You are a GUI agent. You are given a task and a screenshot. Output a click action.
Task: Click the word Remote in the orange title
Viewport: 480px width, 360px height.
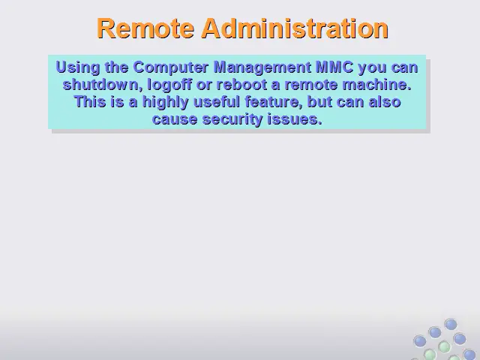pyautogui.click(x=145, y=28)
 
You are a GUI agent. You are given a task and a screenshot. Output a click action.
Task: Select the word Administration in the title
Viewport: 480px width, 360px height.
pyautogui.click(x=295, y=28)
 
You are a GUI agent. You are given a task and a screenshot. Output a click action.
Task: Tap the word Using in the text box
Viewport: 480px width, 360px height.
pyautogui.click(x=78, y=67)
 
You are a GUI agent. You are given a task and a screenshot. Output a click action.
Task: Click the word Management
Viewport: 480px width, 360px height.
pyautogui.click(x=262, y=67)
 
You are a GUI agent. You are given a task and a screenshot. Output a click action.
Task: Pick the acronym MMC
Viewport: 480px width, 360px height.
pyautogui.click(x=334, y=67)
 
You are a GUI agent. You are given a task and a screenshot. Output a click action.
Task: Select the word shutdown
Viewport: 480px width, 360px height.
pyautogui.click(x=103, y=84)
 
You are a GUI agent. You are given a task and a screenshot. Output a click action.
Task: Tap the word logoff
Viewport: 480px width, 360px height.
pyautogui.click(x=169, y=85)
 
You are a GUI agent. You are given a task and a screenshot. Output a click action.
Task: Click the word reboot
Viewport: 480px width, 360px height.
pyautogui.click(x=241, y=84)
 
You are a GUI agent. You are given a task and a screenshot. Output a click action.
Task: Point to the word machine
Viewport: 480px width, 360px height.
pyautogui.click(x=376, y=84)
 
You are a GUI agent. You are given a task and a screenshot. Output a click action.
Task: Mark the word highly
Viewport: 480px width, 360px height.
pyautogui.click(x=165, y=102)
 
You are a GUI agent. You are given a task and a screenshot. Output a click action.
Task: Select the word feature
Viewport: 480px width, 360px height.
pyautogui.click(x=274, y=102)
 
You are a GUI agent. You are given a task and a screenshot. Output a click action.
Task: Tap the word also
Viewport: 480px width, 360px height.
pyautogui.click(x=385, y=101)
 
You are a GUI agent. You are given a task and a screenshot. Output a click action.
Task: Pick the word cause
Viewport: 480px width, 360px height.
pyautogui.click(x=175, y=118)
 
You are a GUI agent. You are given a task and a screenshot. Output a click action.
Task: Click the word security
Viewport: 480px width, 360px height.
pyautogui.click(x=232, y=119)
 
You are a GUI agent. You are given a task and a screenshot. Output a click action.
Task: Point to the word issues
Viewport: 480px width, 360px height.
pyautogui.click(x=295, y=118)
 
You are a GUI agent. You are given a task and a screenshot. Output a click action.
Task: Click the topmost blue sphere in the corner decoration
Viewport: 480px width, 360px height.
pyautogui.click(x=451, y=324)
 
